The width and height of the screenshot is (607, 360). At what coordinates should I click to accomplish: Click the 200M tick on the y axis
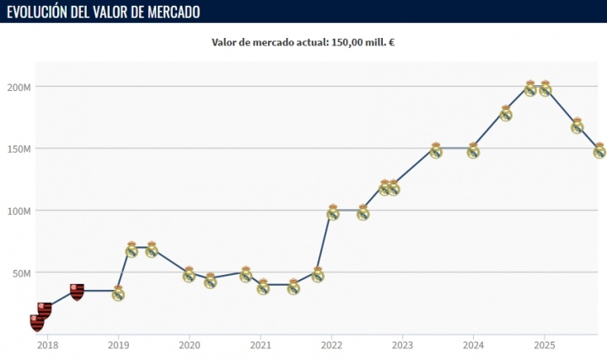click(18, 87)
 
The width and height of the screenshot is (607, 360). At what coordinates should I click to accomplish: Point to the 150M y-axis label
click(18, 148)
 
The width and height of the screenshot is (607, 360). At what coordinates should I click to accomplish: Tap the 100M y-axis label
click(18, 211)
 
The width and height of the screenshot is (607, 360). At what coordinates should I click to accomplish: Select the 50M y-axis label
click(20, 273)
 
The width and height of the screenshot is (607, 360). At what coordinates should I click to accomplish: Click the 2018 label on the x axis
click(47, 344)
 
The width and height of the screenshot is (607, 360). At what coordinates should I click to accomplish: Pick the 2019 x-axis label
click(118, 344)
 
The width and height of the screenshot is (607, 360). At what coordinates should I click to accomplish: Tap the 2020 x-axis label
click(189, 344)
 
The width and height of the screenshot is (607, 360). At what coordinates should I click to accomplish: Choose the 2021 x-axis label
click(260, 344)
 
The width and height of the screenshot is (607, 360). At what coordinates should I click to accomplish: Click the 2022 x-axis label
click(331, 344)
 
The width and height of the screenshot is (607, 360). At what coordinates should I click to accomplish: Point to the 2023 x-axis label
click(402, 344)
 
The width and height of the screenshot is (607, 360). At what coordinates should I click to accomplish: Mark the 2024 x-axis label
click(473, 344)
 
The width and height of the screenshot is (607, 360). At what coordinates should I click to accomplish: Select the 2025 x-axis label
click(544, 344)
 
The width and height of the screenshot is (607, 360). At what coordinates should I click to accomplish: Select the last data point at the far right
click(599, 151)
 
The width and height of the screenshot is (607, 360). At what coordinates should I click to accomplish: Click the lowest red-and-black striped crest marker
click(37, 322)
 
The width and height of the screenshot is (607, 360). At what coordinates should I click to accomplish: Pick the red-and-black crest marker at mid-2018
click(77, 292)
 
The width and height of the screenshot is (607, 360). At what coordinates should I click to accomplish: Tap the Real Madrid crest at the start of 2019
click(118, 293)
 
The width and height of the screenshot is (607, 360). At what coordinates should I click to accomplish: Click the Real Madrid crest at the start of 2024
click(473, 151)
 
